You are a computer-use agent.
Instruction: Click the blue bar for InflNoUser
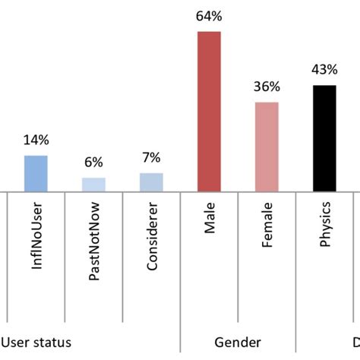click(36, 173)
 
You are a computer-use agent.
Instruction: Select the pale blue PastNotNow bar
click(93, 184)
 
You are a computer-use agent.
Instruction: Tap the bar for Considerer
click(151, 182)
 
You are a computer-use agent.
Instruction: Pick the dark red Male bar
click(209, 111)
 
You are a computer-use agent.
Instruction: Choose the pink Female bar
click(267, 147)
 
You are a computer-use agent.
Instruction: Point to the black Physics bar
click(324, 137)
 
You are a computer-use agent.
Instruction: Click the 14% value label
click(36, 141)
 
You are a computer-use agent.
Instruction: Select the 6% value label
click(93, 163)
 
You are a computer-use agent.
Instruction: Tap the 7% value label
click(151, 158)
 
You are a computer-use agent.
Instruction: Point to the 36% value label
click(267, 87)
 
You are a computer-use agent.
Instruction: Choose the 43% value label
click(324, 71)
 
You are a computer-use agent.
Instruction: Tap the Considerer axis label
click(152, 243)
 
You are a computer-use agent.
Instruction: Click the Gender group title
click(238, 343)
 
